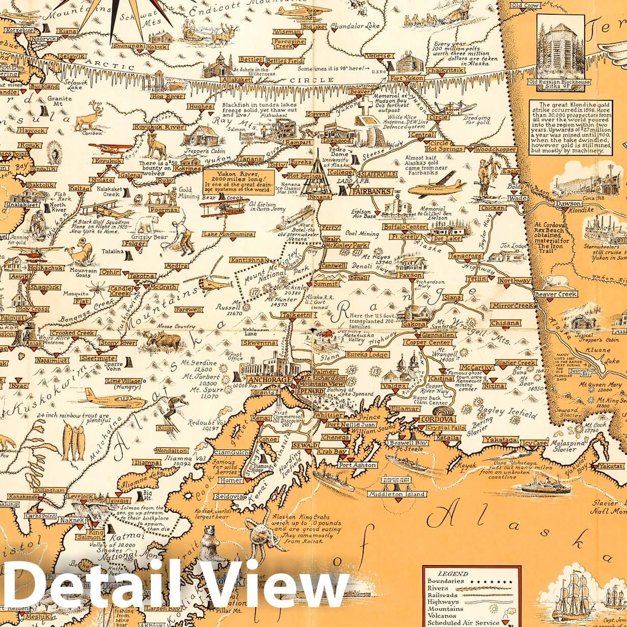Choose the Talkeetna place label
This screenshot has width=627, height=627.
tap(298, 316)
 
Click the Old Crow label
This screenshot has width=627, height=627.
tap(525, 6)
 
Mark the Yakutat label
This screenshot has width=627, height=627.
tap(610, 466)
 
